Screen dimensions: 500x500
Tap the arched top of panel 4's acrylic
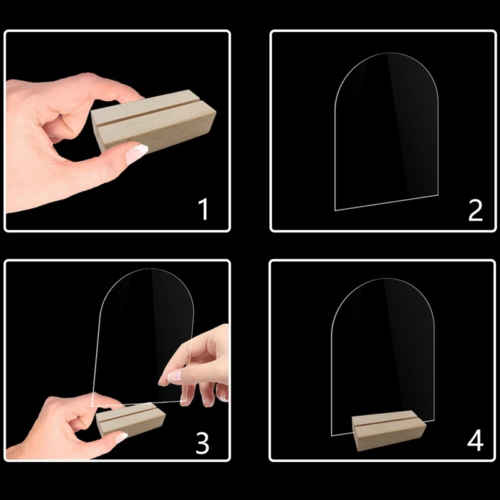click(x=382, y=281)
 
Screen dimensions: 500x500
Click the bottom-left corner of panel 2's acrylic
click(x=335, y=209)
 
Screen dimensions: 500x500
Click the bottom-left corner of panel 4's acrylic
click(x=331, y=434)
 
